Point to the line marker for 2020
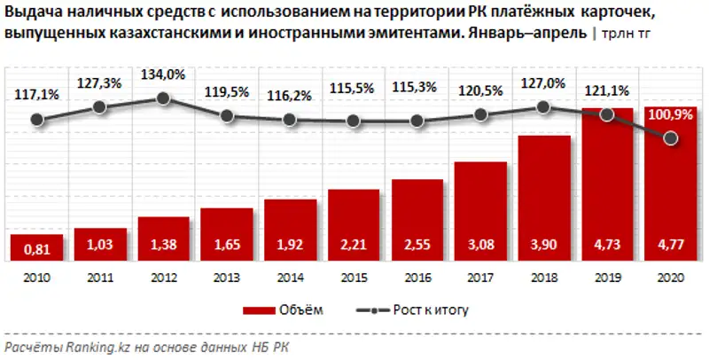pos(671,138)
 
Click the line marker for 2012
pos(163,98)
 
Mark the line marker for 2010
pos(36,119)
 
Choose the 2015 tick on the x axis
pos(354,277)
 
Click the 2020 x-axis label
pos(671,277)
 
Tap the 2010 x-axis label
pos(36,277)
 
